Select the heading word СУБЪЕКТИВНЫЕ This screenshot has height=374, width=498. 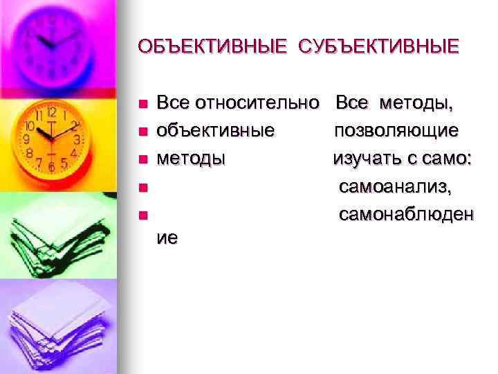(378, 47)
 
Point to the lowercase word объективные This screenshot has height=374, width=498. (215, 131)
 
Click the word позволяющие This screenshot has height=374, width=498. (398, 131)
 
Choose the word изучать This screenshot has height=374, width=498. (365, 159)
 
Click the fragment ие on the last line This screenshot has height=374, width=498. (167, 237)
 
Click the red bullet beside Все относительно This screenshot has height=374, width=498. (142, 105)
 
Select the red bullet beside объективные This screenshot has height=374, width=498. (142, 132)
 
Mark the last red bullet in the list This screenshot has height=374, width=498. (142, 215)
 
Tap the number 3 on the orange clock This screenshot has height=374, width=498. (77, 139)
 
